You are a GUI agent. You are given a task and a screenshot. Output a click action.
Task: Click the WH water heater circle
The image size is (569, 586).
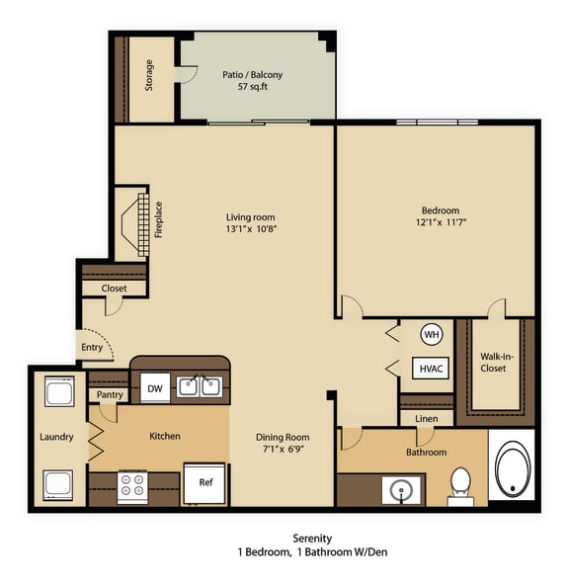coord(431,334)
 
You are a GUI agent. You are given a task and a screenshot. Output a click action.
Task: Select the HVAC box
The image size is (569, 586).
coord(431,368)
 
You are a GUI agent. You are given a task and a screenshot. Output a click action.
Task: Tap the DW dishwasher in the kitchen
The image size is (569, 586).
coord(155,388)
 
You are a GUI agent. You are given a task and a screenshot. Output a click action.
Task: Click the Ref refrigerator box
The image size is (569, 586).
coord(205,483)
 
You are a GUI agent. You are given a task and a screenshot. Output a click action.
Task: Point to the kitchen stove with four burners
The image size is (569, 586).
coord(132,485)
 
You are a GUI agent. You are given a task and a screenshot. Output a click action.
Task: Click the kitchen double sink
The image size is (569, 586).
coord(200,386)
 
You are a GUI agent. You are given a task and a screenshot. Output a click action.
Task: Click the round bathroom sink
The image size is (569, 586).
coord(401,489)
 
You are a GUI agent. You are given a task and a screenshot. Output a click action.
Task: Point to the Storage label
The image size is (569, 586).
coord(149,76)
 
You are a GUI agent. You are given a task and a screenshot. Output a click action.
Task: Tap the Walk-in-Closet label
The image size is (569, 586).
coord(493,362)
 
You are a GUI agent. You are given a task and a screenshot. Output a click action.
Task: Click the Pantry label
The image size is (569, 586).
coord(110,394)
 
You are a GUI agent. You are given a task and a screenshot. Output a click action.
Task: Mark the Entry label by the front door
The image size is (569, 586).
coord(92,347)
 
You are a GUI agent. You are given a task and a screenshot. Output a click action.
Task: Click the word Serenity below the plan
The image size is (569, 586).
coord(284,538)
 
